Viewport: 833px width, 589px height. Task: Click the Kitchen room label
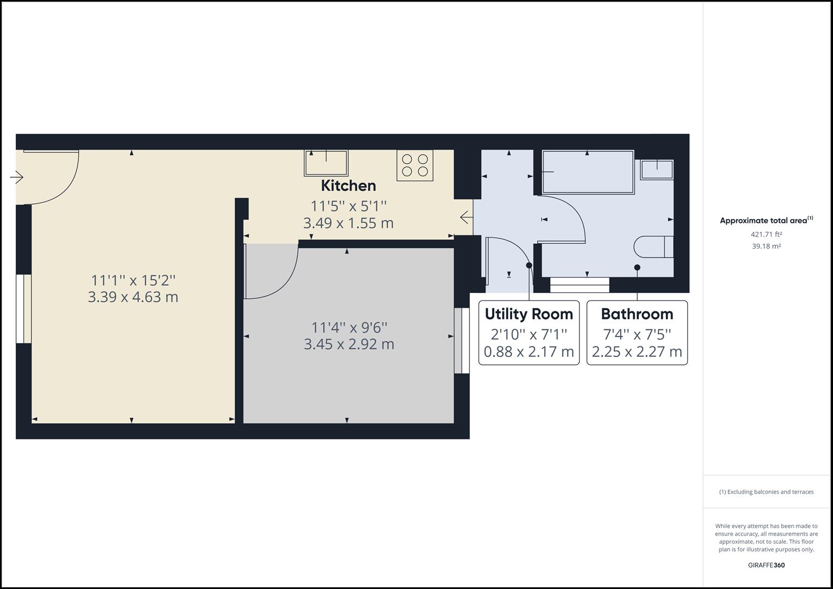348,185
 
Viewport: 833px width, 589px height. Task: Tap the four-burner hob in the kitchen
415,165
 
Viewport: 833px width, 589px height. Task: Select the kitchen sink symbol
326,163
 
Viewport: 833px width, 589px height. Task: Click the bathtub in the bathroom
588,172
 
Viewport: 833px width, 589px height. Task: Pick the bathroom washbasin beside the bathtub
657,169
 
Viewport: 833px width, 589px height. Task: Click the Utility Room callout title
529,314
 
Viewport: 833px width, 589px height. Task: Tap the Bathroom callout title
637,314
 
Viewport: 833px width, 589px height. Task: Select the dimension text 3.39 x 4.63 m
133,297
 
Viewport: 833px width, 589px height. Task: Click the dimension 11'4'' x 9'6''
349,327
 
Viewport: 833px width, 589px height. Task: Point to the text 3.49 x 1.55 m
348,223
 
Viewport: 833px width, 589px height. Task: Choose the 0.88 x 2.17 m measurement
529,352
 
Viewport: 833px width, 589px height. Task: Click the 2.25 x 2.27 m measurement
637,352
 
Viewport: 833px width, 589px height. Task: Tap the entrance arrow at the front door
17,177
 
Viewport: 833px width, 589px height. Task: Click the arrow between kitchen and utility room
466,217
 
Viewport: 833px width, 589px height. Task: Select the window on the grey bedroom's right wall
462,341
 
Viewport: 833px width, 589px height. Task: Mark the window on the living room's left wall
23,309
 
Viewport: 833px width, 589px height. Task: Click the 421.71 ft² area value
766,235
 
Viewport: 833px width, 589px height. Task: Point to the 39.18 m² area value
766,246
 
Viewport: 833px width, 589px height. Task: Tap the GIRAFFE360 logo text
766,565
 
